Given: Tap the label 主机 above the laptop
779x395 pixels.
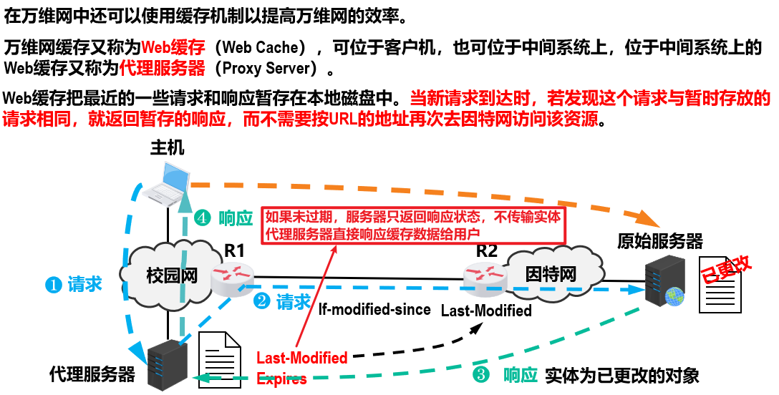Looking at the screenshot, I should (168, 148).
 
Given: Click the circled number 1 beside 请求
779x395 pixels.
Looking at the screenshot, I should (52, 285).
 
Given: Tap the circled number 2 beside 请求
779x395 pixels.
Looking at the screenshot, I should (263, 301).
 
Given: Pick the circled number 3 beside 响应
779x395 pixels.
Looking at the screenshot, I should (481, 375).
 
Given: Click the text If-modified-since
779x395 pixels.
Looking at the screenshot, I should (374, 309).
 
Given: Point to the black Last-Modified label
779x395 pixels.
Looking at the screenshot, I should (486, 311).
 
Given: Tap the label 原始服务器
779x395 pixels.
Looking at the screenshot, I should (659, 241).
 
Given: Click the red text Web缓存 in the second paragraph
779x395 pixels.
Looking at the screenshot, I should (173, 48).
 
